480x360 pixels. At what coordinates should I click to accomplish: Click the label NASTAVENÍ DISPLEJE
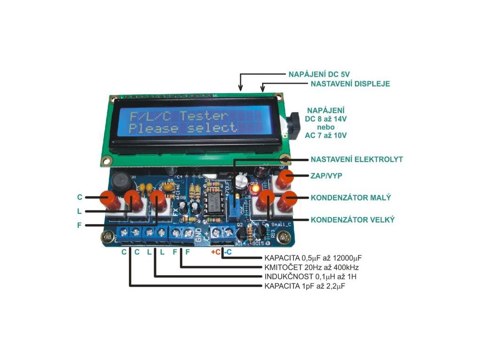[x=350, y=84]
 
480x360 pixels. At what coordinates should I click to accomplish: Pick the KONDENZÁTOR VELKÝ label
[x=352, y=219]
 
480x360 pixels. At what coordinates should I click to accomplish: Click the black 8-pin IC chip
[x=213, y=201]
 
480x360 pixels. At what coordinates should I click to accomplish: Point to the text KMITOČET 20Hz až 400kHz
[x=312, y=267]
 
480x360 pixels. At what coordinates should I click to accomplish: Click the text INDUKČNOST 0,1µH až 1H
[x=310, y=276]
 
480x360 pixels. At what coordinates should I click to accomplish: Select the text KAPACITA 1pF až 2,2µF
[x=308, y=285]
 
